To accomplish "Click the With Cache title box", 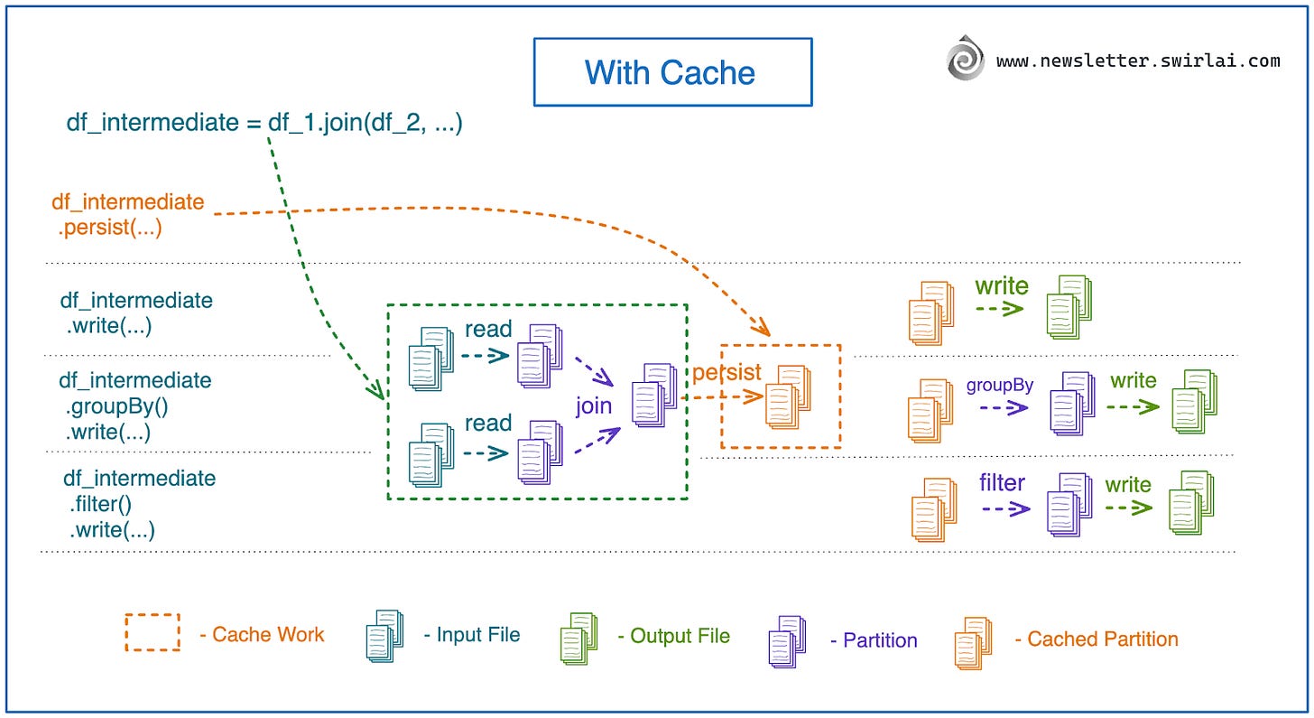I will coord(672,71).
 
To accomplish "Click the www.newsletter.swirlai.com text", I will coord(1138,61).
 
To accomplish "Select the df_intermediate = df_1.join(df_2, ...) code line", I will coord(264,123).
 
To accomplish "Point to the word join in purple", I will coord(594,406).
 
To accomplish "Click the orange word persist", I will coord(726,372).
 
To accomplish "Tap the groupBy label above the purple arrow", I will coord(1000,385).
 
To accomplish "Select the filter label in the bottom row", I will coord(1002,483).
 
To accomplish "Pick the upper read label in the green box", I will coord(488,330).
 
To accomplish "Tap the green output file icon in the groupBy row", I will coord(1192,401).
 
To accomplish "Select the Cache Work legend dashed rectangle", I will coord(153,632).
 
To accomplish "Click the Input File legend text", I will coord(472,635).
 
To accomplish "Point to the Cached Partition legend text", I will coord(1096,639).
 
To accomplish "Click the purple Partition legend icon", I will coord(786,642).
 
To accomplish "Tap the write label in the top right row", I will coord(1001,286).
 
